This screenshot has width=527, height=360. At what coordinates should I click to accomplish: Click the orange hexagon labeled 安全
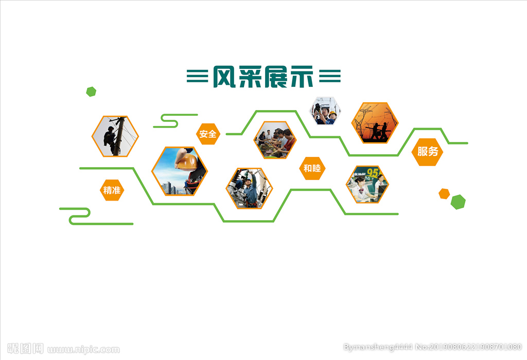coord(208,134)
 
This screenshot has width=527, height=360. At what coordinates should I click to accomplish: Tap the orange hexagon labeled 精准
coord(112,190)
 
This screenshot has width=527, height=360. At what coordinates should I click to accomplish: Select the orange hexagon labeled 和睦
coord(312,168)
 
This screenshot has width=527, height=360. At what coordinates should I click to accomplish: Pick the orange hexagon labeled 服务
coord(428,152)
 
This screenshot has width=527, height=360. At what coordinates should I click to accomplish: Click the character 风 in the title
coord(224,77)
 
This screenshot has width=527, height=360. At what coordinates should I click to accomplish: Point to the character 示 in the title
coord(302,77)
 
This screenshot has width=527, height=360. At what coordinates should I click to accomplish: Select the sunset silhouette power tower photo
coord(375,122)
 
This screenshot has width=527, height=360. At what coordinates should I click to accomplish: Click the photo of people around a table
coord(275,140)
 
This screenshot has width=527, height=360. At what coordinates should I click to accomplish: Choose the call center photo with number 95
coord(367,184)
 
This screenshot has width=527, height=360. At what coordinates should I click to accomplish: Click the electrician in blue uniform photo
coord(249,188)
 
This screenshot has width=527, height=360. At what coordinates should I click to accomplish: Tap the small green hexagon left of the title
coord(91,92)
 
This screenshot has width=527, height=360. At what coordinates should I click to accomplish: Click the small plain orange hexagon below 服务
coord(444,194)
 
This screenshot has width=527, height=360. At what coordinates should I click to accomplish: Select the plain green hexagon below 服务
coord(458,202)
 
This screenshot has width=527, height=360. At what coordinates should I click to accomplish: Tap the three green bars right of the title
coord(330,76)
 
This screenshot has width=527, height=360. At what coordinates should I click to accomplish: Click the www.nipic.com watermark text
coord(83,350)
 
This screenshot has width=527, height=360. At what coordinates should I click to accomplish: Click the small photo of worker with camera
coord(325,111)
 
